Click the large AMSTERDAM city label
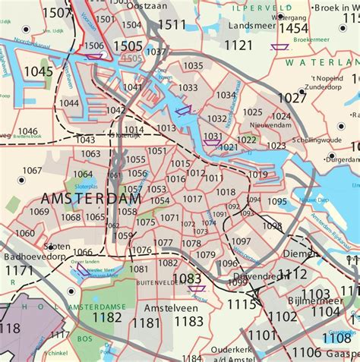[x=90, y=198]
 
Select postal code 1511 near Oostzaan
[x=171, y=25]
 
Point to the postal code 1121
[x=238, y=46]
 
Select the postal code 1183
[x=188, y=322]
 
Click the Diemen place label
[x=298, y=253]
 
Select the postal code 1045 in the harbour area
[x=39, y=71]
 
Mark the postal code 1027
[x=292, y=98]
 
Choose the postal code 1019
[x=258, y=175]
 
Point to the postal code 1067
[x=33, y=170]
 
